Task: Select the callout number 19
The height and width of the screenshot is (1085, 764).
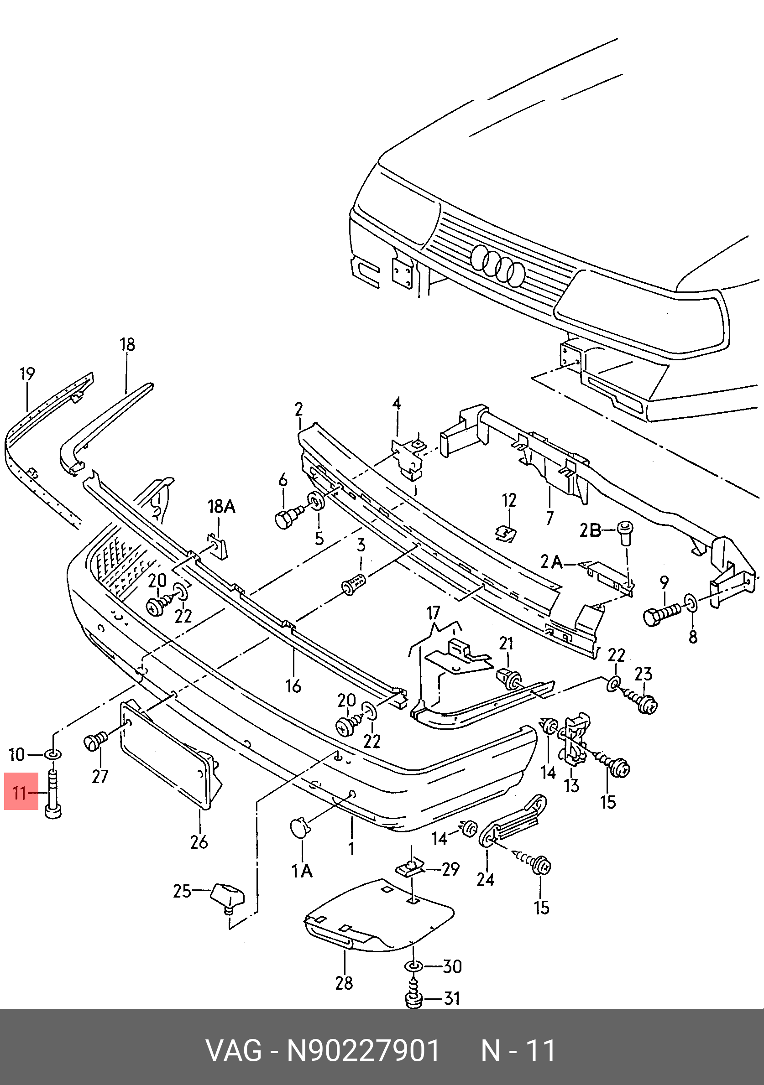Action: point(27,374)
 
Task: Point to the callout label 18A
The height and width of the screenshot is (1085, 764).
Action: point(221,507)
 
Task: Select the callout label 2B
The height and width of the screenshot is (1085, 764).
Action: point(591,531)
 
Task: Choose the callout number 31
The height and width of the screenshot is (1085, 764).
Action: point(452,998)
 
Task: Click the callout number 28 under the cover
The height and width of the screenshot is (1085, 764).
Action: point(344,983)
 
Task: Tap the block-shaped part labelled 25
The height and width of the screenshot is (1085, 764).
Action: point(227,894)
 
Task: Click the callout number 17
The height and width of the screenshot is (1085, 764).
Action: point(433,613)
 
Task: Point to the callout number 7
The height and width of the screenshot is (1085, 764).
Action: point(549,519)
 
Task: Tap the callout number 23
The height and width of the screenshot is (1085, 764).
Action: point(644,674)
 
